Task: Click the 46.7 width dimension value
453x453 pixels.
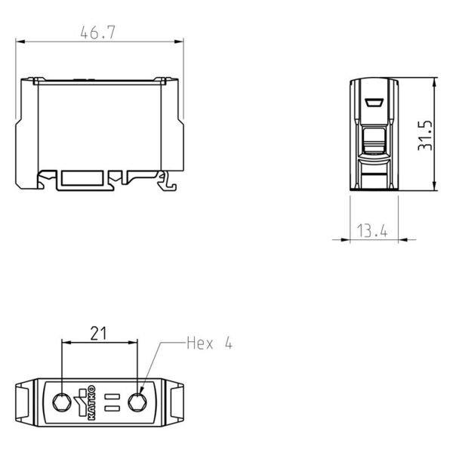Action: click(97, 32)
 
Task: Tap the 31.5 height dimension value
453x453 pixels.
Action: click(425, 135)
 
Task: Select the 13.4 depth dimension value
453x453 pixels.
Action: click(372, 230)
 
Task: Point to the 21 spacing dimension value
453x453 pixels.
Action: click(98, 334)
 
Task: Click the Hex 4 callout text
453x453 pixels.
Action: click(209, 344)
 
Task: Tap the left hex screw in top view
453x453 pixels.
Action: click(62, 402)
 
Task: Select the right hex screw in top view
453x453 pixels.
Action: click(137, 402)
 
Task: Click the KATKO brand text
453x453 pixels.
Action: click(91, 402)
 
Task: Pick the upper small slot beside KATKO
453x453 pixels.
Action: click(112, 396)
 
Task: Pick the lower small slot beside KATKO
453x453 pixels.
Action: click(112, 408)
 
